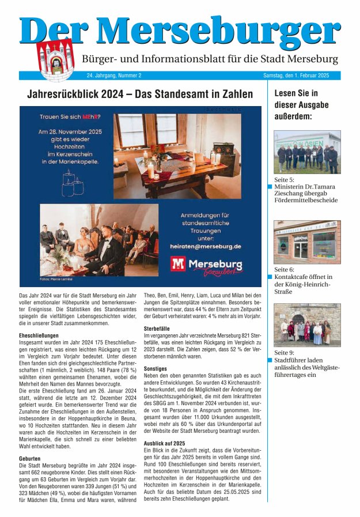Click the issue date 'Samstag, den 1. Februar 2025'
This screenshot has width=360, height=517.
295,76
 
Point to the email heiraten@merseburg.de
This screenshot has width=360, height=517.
205,246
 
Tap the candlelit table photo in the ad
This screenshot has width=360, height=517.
177,156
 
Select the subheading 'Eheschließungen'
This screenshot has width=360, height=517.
39,335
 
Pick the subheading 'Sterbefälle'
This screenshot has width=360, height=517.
157,328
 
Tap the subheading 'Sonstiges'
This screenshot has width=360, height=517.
155,368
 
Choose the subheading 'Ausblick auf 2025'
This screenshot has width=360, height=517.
166,443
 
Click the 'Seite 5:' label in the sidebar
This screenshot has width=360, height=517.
284,180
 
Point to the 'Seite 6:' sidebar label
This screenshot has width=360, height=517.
284,269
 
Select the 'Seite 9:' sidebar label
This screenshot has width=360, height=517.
284,352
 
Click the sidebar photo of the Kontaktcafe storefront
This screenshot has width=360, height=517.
306,241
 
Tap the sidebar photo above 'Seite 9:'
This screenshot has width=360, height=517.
306,324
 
